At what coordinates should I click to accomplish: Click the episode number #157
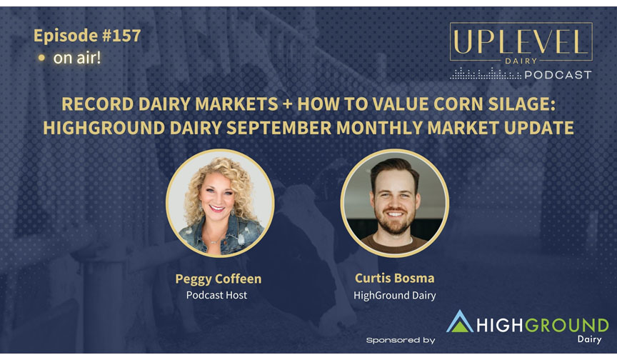[121, 36]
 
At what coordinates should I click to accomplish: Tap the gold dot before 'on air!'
[41, 58]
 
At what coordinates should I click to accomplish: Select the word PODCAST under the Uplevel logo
[558, 75]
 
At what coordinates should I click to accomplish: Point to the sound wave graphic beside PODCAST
[486, 74]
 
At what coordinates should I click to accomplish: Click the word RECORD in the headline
[98, 104]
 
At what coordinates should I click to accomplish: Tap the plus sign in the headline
[288, 104]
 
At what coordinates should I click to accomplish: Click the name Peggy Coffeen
[219, 279]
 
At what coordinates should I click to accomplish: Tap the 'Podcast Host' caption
[216, 295]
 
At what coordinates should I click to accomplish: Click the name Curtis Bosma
[395, 278]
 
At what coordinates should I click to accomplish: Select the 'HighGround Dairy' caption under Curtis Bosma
[395, 296]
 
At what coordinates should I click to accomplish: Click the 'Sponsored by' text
[401, 340]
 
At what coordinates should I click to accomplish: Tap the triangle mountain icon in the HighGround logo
[460, 322]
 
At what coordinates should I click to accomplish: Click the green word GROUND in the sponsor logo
[567, 326]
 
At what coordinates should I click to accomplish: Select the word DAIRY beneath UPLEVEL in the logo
[521, 61]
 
